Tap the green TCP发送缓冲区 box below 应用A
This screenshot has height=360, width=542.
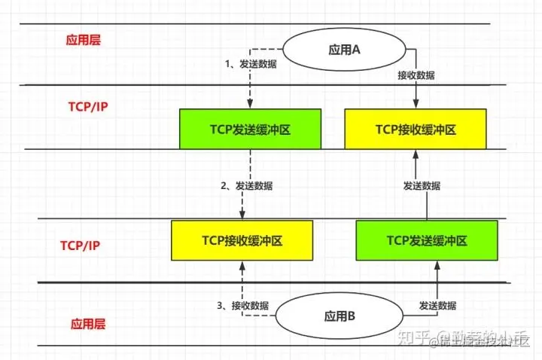250,129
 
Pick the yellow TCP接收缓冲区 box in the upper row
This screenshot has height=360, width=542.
416,129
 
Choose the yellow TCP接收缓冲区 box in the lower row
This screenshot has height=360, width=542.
242,240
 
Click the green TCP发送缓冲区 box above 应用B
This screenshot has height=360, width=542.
427,240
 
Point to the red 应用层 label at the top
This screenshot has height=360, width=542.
83,40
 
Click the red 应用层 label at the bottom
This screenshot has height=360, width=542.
88,324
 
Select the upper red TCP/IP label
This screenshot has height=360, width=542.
83,105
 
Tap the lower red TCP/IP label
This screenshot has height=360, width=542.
81,246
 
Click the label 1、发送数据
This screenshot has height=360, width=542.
251,65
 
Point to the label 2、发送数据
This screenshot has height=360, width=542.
247,186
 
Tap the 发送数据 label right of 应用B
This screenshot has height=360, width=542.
437,305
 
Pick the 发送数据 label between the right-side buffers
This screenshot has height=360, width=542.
422,185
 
